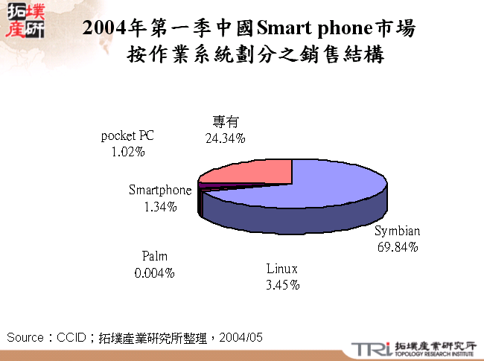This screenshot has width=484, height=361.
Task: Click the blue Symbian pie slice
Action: coord(328,186)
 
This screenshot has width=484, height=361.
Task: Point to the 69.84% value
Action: coord(397,246)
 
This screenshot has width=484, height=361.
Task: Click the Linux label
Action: coord(282,268)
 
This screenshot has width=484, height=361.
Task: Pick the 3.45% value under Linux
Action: coord(282,284)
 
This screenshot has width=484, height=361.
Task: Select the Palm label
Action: coord(154,257)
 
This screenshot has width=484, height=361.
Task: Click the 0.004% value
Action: coord(154,273)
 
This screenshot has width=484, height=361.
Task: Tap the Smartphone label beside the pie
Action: coord(160,190)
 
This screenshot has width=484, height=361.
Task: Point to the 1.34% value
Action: coord(160,206)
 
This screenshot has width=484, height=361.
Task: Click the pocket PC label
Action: coord(127,135)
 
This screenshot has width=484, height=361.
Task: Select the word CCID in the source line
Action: coord(72,337)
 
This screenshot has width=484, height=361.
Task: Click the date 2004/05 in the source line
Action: coord(243,337)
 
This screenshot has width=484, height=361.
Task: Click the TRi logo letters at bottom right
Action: coord(369,349)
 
